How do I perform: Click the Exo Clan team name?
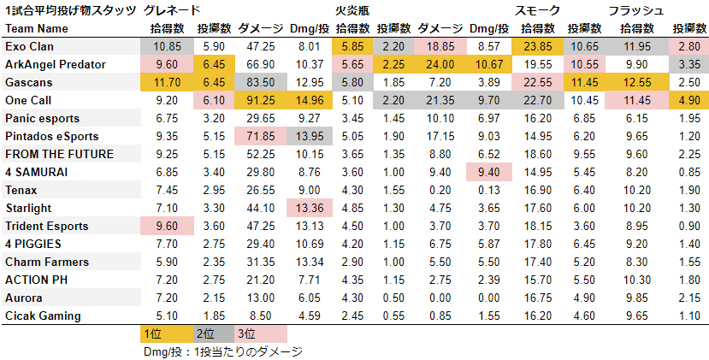tap(30, 46)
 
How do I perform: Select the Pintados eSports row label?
tap(51, 136)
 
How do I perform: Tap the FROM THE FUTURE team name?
tap(58, 154)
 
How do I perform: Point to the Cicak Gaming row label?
tap(43, 316)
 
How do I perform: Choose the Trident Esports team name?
tap(46, 226)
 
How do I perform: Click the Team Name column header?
tap(33, 28)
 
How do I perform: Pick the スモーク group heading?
tap(538, 10)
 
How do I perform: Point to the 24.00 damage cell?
tap(445, 64)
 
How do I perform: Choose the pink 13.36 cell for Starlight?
tap(307, 208)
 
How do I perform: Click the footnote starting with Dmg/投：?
tap(223, 351)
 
